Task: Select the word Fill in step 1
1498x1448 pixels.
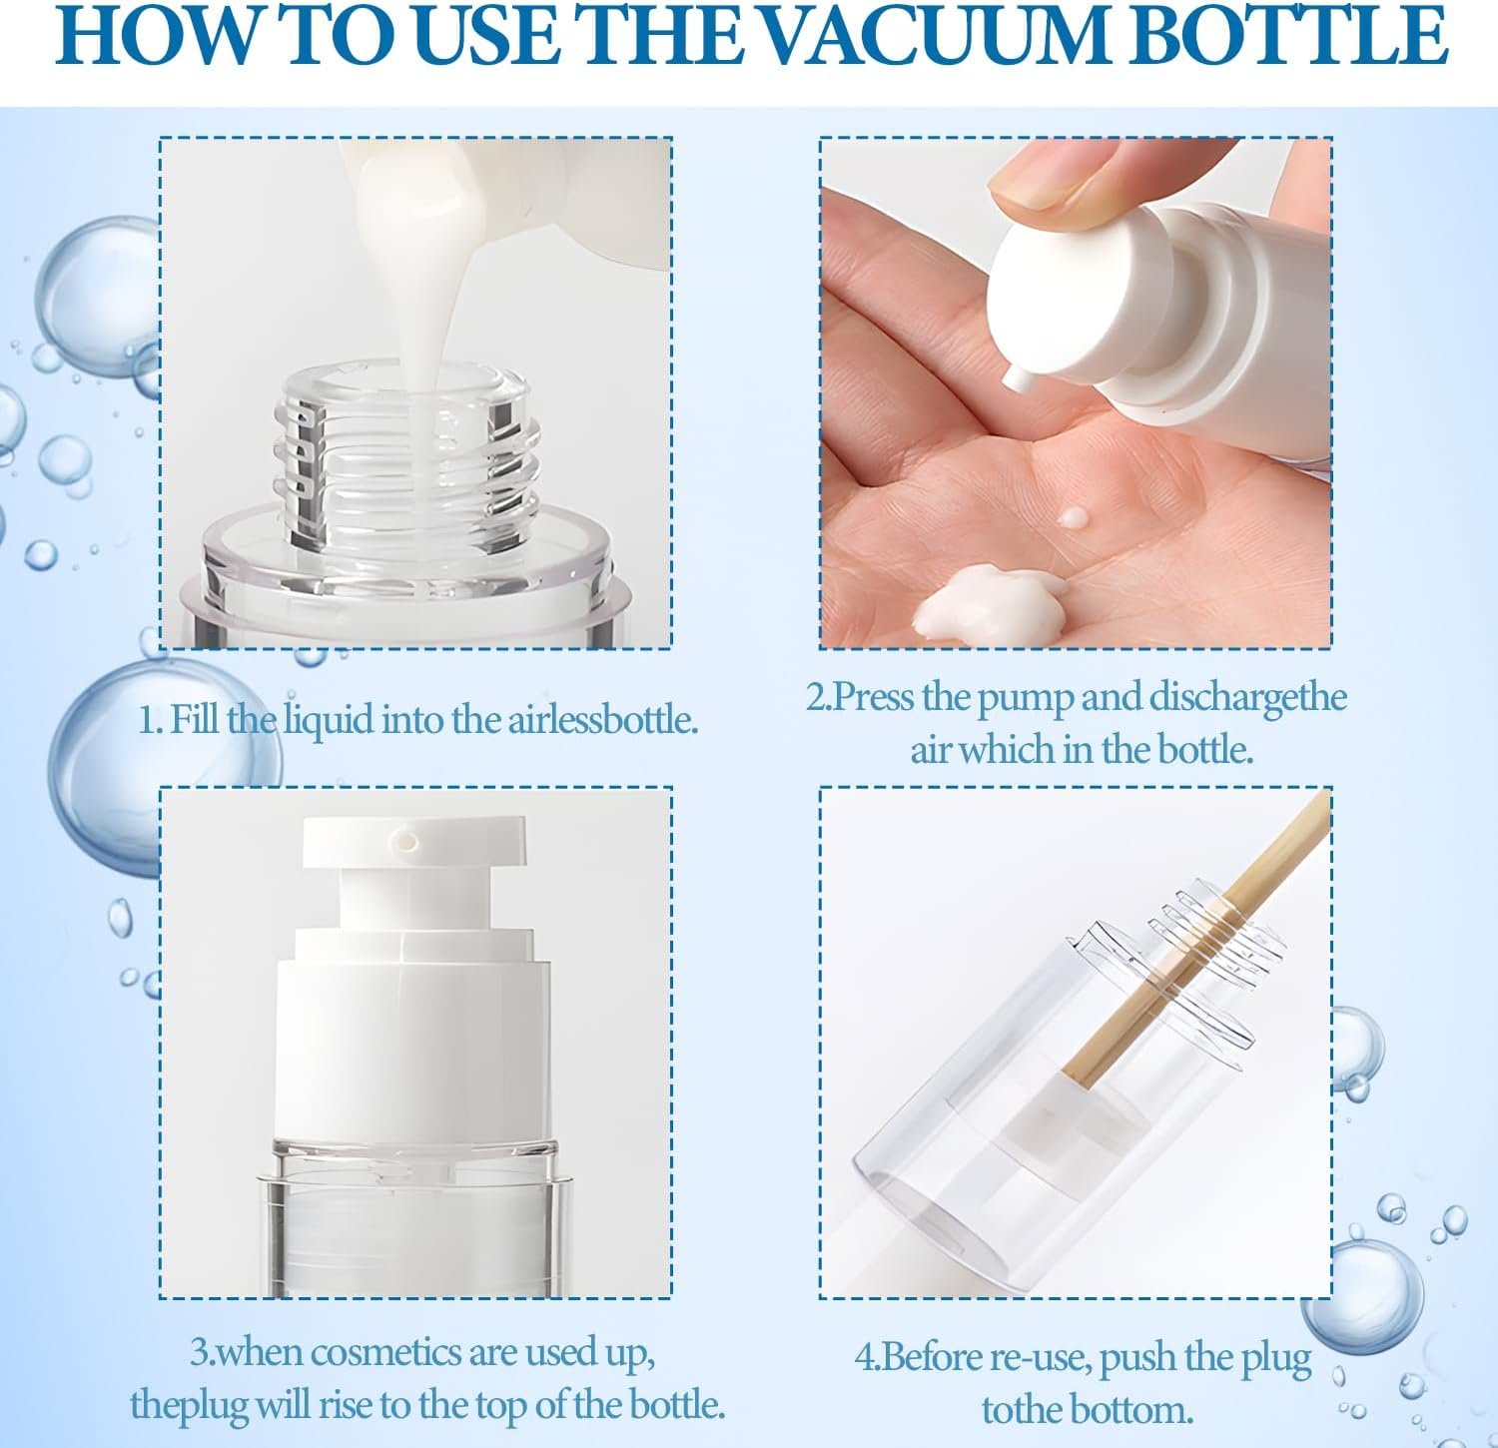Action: (x=194, y=719)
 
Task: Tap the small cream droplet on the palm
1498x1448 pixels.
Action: (x=1073, y=517)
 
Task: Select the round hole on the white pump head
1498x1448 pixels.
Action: (x=407, y=840)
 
